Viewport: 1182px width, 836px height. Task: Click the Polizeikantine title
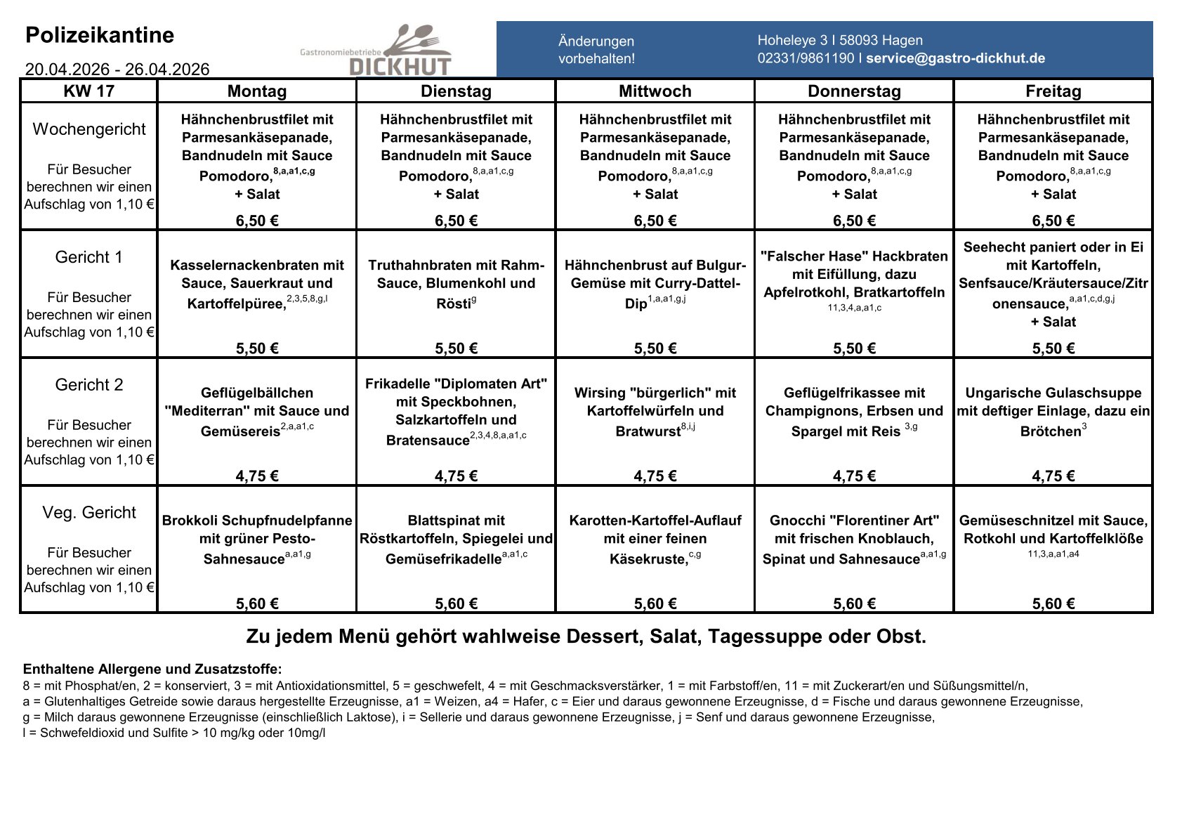(100, 35)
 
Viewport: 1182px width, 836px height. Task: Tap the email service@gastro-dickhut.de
(955, 58)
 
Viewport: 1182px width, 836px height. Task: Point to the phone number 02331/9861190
(806, 58)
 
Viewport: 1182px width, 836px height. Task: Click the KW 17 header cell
(88, 91)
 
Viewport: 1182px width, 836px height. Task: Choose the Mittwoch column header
(655, 91)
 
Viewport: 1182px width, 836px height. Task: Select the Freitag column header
(1053, 91)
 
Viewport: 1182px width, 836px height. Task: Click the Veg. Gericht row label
(88, 513)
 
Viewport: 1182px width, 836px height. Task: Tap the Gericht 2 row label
(88, 385)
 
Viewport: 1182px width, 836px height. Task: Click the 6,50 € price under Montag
(257, 221)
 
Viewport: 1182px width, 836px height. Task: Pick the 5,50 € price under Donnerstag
(854, 348)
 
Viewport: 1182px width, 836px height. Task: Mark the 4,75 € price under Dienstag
(456, 476)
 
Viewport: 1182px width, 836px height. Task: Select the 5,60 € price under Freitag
(1053, 604)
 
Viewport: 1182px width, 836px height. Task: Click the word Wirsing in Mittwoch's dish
(599, 393)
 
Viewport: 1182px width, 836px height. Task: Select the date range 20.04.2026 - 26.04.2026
(117, 69)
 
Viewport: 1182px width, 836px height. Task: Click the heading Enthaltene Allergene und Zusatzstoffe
(152, 669)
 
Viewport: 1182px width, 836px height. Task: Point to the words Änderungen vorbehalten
(596, 50)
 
